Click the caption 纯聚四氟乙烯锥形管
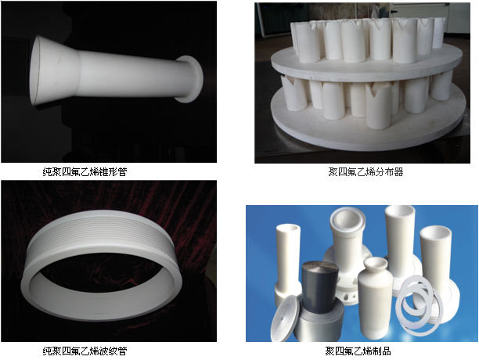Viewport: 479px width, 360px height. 85,172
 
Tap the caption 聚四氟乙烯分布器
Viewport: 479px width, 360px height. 366,172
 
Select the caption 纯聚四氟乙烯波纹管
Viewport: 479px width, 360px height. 85,351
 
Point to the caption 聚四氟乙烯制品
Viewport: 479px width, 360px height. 358,351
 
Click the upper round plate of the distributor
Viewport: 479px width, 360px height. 366,66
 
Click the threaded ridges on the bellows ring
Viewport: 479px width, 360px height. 101,232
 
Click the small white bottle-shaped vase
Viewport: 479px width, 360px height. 375,297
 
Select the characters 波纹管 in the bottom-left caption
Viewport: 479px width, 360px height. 113,351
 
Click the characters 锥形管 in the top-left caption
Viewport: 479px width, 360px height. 113,172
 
